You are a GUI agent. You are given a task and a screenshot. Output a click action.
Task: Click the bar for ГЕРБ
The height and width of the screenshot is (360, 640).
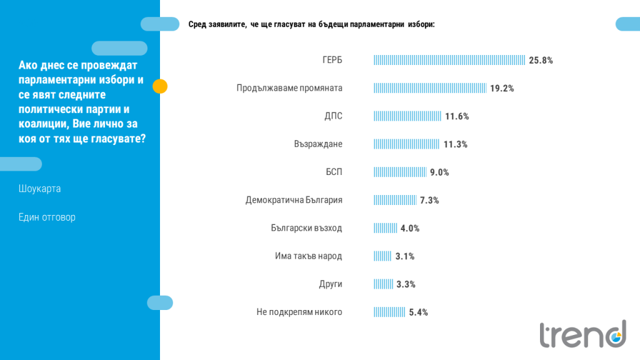pos(449,60)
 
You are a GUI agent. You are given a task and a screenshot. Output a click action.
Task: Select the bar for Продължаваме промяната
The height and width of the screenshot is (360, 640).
pos(430,88)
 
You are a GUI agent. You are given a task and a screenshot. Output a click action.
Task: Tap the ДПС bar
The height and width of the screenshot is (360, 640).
pos(407,116)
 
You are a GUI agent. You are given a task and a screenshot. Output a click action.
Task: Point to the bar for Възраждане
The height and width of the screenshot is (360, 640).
pos(406,144)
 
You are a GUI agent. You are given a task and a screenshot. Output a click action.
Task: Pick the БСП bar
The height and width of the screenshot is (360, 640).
pos(400,172)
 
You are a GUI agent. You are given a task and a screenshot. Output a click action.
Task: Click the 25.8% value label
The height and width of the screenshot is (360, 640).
pos(541,61)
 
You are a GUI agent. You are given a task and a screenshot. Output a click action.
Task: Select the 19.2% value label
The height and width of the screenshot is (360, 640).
pos(502,89)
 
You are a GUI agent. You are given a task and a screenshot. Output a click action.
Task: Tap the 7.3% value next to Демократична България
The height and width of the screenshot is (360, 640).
pos(429,201)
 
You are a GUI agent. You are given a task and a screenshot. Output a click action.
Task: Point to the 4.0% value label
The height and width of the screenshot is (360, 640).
pos(410,229)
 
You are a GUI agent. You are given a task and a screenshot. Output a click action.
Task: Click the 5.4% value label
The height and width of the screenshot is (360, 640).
pos(418,312)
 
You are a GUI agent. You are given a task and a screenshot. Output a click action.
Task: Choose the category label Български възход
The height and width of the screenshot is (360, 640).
pos(306,228)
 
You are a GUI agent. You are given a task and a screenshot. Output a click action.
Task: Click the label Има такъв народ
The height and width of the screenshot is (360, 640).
pos(309,256)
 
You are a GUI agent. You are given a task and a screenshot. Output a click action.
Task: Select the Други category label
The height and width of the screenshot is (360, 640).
pos(331,284)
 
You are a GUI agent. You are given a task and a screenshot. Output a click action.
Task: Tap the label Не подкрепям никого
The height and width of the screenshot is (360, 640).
pos(299,312)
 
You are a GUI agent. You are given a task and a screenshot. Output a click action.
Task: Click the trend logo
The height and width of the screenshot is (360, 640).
pos(583,334)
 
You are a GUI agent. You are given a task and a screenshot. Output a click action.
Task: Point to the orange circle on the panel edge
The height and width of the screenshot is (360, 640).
pos(160,86)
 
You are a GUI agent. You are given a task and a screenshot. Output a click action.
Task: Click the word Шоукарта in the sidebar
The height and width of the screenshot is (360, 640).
pos(39,189)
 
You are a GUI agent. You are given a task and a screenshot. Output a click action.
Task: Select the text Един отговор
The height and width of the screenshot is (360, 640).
pos(47,217)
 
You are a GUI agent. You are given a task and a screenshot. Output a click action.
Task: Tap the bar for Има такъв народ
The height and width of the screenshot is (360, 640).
pos(382,256)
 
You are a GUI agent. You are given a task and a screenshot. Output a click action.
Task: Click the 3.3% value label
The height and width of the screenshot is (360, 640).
pos(406,284)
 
